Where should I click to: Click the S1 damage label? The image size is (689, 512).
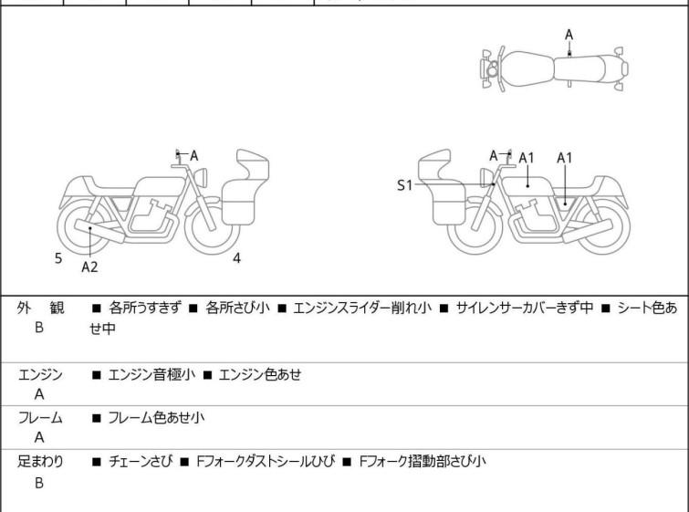tap(404, 185)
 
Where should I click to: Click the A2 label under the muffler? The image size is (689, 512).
tap(89, 266)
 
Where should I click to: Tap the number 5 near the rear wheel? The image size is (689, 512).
tap(58, 258)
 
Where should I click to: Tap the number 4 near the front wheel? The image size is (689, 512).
tap(236, 258)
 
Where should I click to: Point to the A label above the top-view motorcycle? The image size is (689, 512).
tap(569, 35)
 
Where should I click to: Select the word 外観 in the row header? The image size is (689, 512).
tap(40, 308)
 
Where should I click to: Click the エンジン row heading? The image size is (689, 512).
tap(40, 374)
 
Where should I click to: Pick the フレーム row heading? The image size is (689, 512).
tap(40, 418)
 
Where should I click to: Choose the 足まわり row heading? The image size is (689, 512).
tap(40, 462)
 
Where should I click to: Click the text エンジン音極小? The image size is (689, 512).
tap(146, 374)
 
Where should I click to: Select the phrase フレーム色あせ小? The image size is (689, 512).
tap(151, 418)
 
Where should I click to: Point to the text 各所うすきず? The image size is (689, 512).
tap(146, 308)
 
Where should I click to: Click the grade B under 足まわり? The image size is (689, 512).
tap(39, 483)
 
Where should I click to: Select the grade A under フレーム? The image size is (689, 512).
tap(39, 439)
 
